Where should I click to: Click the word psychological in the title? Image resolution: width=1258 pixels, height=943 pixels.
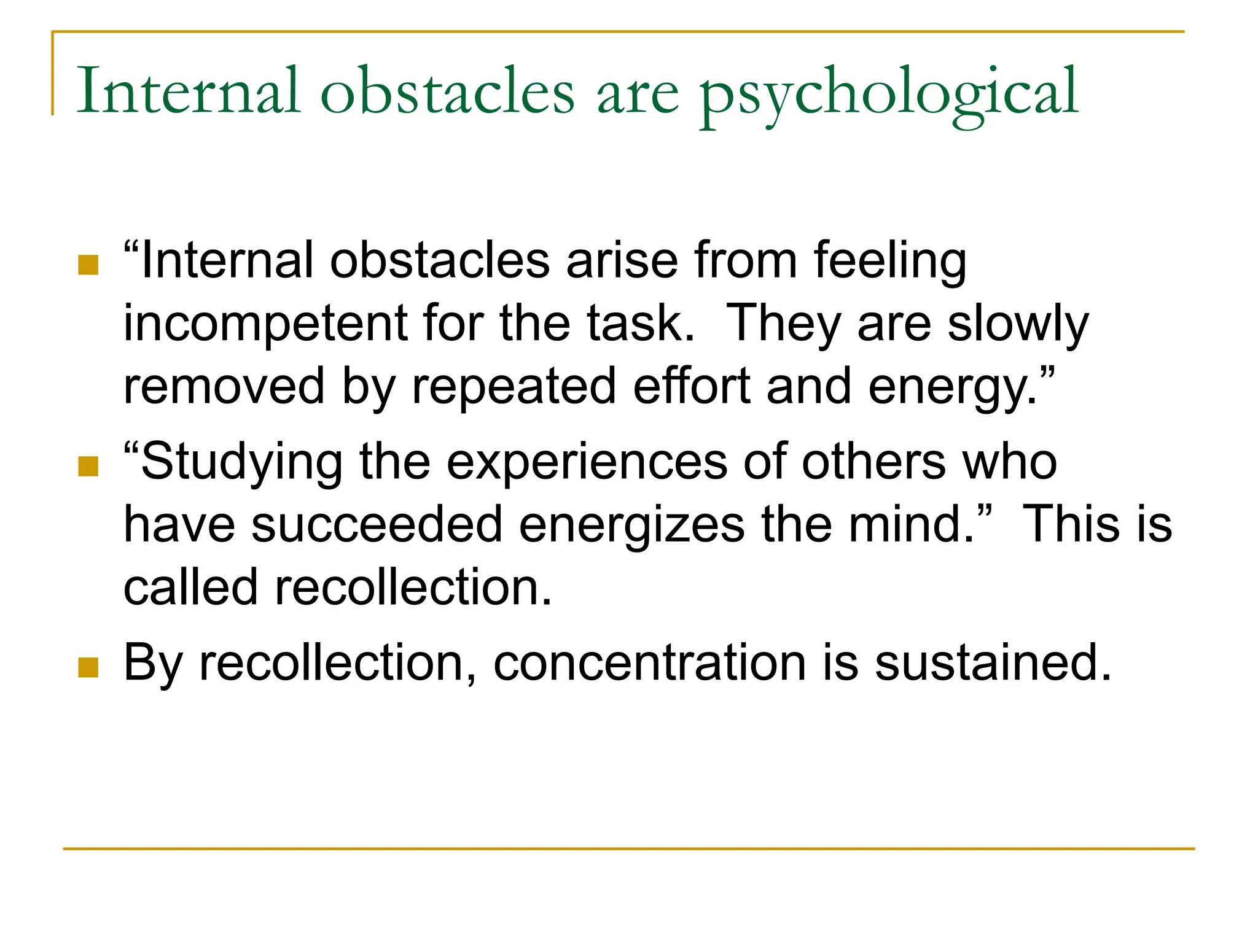click(889, 93)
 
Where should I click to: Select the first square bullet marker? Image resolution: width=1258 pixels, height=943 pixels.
click(88, 265)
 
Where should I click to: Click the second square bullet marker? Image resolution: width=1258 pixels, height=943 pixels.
click(88, 467)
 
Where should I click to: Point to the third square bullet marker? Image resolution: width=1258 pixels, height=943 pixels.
click(88, 667)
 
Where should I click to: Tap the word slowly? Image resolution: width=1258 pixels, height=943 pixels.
click(1017, 324)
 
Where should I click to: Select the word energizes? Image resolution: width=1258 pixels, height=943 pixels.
click(631, 525)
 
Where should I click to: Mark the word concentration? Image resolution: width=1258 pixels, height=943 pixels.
click(649, 663)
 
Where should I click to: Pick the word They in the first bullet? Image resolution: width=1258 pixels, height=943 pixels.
click(783, 324)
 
